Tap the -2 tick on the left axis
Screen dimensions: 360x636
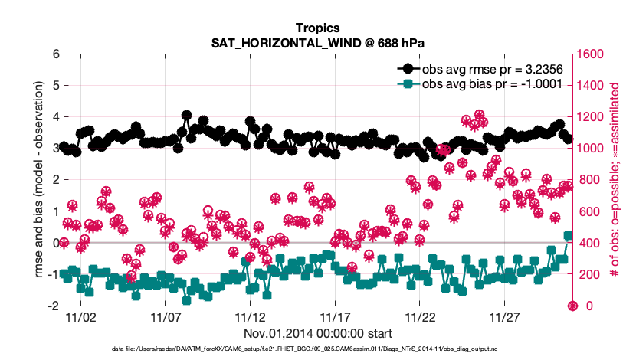(x=54, y=306)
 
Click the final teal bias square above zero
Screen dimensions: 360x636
(x=568, y=236)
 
